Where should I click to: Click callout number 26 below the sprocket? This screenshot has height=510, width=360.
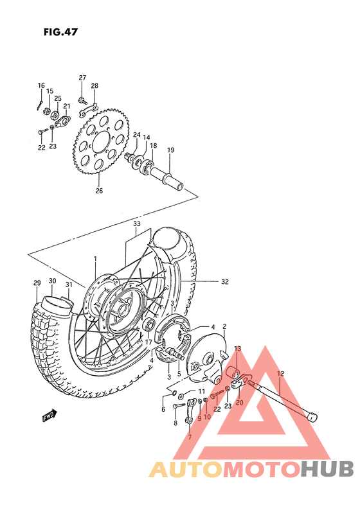99,191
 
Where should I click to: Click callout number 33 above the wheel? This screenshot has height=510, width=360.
136,224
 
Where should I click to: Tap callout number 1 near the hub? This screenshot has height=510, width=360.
94,259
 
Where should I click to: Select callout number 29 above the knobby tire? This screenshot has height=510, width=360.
37,283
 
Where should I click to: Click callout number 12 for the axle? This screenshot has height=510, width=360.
280,373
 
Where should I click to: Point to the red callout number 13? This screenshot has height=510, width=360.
237,349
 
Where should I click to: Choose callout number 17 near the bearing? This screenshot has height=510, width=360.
148,342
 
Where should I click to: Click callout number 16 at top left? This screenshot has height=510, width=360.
41,85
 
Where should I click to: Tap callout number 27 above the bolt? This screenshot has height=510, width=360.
82,78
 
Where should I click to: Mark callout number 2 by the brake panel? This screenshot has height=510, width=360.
224,326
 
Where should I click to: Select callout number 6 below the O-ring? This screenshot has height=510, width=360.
163,409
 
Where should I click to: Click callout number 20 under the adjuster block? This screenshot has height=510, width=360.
239,403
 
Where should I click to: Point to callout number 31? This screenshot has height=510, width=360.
68,283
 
